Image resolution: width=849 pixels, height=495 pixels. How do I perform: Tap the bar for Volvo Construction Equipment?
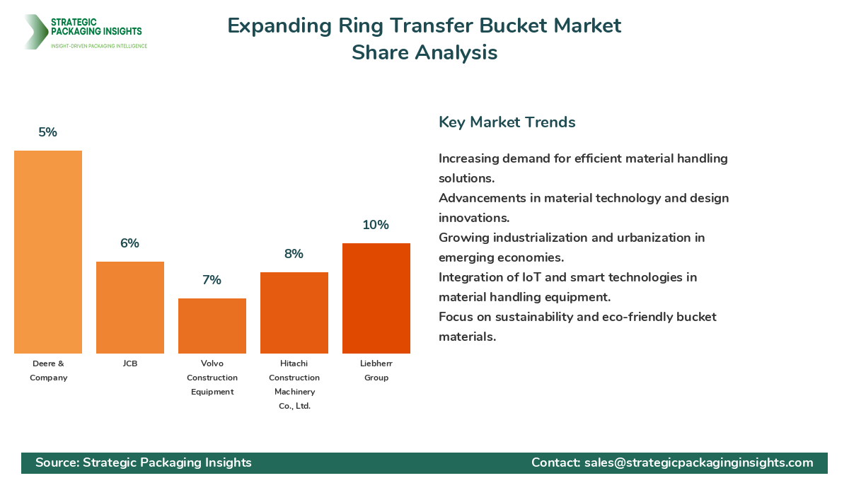[x=212, y=326]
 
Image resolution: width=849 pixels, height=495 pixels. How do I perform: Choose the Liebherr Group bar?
[x=376, y=298]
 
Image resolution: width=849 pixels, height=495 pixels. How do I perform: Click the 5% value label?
[x=48, y=132]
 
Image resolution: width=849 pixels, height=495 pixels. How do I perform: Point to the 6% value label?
[x=130, y=243]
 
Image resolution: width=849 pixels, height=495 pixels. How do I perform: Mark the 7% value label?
[x=212, y=280]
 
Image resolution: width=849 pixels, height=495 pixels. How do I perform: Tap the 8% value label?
[x=294, y=254]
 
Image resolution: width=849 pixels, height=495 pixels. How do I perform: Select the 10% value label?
[x=376, y=225]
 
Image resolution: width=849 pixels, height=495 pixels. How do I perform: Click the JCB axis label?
[x=130, y=363]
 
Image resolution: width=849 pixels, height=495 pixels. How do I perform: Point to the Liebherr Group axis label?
[x=376, y=371]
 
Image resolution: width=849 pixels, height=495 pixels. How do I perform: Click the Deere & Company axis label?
[x=48, y=371]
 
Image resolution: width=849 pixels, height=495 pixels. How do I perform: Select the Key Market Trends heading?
[x=507, y=122]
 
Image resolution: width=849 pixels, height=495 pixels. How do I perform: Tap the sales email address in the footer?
[x=698, y=462]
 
